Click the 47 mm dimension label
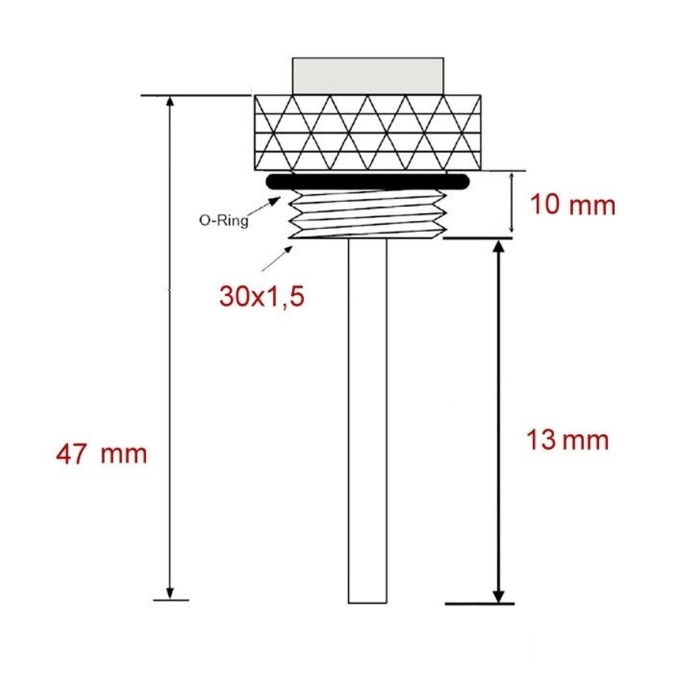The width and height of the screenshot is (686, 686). pyautogui.click(x=102, y=454)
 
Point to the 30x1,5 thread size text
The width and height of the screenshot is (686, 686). pyautogui.click(x=262, y=296)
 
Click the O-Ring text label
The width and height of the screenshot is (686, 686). pyautogui.click(x=223, y=220)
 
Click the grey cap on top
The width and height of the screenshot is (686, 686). pyautogui.click(x=368, y=76)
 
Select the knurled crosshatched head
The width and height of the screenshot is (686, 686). pyautogui.click(x=367, y=132)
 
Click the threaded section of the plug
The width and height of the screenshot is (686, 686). pyautogui.click(x=368, y=215)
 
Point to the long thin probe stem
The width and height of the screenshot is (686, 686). pyautogui.click(x=367, y=420)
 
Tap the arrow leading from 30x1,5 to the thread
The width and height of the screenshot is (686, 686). pyautogui.click(x=277, y=258)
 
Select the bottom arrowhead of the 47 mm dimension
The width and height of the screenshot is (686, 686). pyautogui.click(x=170, y=592)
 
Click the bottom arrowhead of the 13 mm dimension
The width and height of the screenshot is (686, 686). pyautogui.click(x=498, y=596)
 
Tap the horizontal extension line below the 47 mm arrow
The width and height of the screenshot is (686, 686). pyautogui.click(x=171, y=600)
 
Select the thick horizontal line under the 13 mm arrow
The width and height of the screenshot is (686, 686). pyautogui.click(x=480, y=604)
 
